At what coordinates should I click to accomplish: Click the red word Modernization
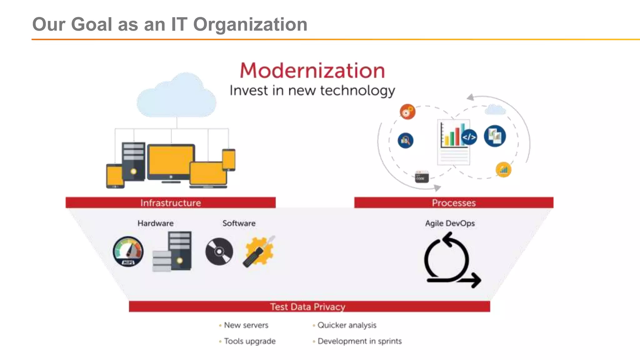coord(312,71)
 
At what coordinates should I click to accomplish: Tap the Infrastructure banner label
coord(171,203)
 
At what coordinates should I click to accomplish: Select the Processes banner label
coord(454,203)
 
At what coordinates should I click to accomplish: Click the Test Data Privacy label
coord(308,307)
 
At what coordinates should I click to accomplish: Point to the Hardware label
coord(155,223)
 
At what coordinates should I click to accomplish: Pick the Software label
coord(239,223)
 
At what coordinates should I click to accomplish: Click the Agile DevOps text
coord(450,223)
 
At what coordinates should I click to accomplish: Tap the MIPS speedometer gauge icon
coord(128,252)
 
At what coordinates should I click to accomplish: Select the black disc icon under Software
coord(219,252)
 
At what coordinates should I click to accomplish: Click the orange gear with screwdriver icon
coord(259,251)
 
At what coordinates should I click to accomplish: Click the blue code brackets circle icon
coord(469,137)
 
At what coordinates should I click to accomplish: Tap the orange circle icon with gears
coord(407,112)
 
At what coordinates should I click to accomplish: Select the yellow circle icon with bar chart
coord(503,170)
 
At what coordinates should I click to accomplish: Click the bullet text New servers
coord(246,325)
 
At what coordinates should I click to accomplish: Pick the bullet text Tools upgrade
coord(250,341)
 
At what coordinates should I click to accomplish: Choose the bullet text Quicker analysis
coord(347,325)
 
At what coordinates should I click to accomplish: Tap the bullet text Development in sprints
coord(359,341)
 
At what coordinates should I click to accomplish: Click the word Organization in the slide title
coord(250,25)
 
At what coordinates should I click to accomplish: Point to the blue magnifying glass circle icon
coord(405,141)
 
